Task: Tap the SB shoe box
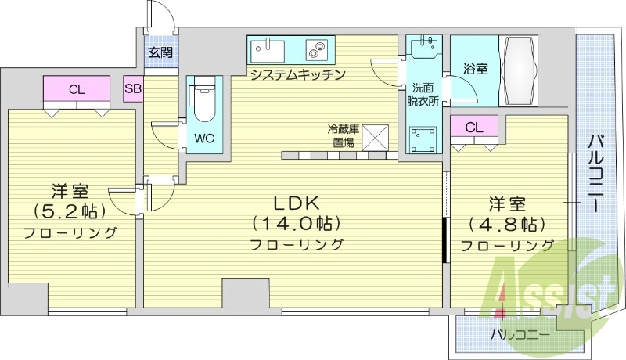pos(132,88)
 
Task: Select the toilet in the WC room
pos(204,102)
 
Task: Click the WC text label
pos(204,139)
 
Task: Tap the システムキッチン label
pos(297,74)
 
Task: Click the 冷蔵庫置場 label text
pos(342,136)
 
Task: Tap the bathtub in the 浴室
pos(516,70)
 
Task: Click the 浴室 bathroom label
pos(475,69)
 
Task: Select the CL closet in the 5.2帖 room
pos(76,89)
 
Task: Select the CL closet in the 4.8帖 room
pos(473,128)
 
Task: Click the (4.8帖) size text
pos(506,225)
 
